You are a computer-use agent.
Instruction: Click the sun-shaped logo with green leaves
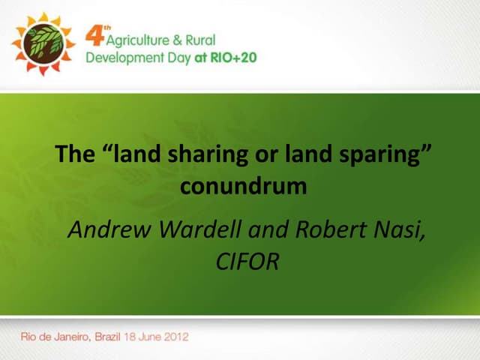[43, 43]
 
